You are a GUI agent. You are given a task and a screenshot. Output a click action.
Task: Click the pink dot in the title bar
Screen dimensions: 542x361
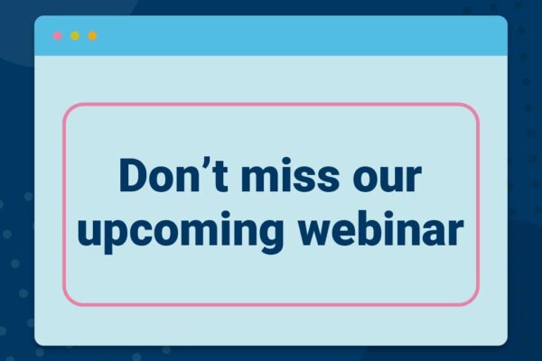(58, 36)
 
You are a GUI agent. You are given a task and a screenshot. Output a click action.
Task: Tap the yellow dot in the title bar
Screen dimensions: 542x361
(75, 36)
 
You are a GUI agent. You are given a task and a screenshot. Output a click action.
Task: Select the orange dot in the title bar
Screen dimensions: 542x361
(92, 36)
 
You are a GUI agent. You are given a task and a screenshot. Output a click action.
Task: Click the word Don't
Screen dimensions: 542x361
(173, 175)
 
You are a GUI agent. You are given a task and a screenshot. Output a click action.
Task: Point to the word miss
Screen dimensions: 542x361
(290, 175)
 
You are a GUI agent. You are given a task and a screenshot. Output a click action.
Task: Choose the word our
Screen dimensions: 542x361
(388, 179)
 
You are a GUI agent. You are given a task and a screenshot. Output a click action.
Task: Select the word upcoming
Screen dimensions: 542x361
(180, 232)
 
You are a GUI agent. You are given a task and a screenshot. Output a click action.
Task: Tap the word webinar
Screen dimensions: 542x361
(381, 228)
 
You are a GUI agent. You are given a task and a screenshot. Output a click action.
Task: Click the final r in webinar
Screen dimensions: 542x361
(455, 232)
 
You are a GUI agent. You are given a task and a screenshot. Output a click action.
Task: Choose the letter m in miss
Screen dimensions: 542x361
(259, 179)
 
